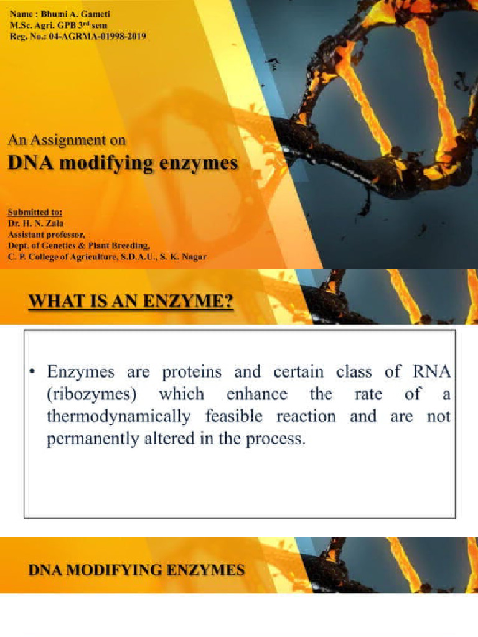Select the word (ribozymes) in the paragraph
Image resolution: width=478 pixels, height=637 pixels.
(x=87, y=394)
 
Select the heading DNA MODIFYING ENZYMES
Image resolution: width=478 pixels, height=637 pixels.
(x=136, y=570)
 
